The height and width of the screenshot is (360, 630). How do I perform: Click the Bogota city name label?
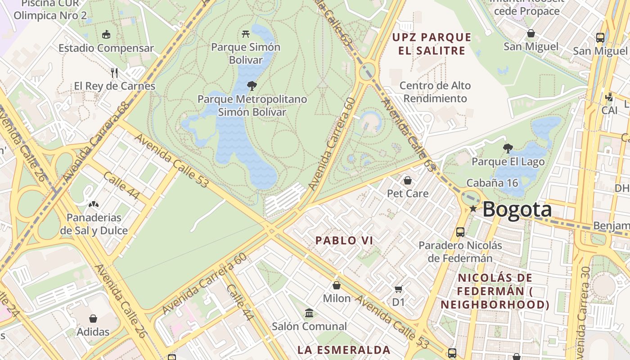pos(517,210)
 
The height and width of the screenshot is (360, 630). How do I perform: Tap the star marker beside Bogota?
pos(473,209)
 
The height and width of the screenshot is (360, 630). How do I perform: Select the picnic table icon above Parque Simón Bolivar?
pos(246,33)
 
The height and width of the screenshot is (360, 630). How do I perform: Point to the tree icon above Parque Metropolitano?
pos(252,85)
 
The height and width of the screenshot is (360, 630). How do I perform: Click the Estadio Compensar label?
pos(106,48)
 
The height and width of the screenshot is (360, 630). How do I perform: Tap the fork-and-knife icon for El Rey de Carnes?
pos(114,72)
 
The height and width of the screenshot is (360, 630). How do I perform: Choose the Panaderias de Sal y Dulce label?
pos(94,224)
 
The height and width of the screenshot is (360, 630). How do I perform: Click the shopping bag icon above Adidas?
pos(93,319)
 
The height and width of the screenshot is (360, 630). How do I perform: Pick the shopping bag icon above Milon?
pos(337,285)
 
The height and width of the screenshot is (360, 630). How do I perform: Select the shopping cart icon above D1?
pos(398,289)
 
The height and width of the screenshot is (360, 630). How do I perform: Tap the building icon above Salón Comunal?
pos(309,313)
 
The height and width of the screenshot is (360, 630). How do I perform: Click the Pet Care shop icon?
pos(408,180)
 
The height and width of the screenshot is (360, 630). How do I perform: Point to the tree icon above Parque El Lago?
pos(508,148)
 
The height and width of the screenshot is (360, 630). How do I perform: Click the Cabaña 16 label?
pos(492,183)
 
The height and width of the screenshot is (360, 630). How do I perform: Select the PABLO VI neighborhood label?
pos(344,240)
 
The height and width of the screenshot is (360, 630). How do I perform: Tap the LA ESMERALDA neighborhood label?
pos(344,350)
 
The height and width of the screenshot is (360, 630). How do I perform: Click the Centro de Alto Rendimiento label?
pos(435,92)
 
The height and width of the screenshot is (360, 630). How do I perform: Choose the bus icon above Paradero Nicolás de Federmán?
pos(460,232)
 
